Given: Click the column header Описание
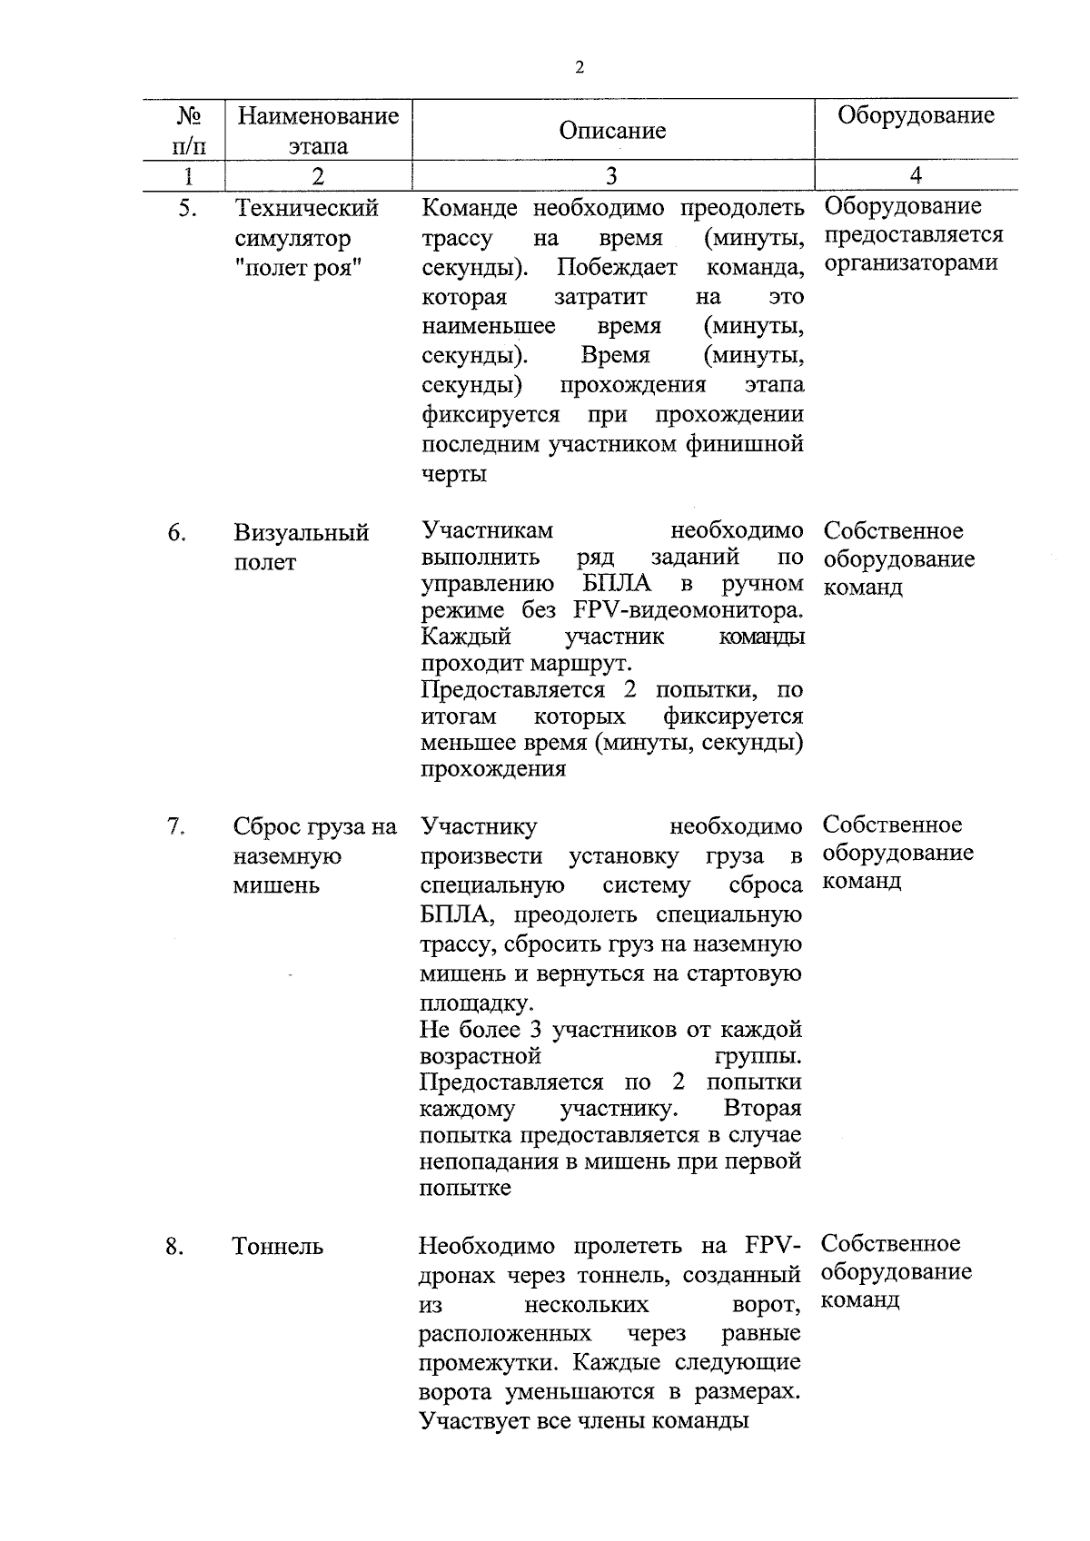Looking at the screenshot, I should (612, 131).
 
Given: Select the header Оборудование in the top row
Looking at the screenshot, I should (916, 115).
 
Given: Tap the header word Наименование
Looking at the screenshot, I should (318, 115).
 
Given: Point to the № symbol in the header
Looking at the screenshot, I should (188, 115).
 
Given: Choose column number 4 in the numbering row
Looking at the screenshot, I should (916, 176).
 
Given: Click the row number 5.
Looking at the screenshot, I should (186, 209).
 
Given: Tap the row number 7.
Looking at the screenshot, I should (176, 827).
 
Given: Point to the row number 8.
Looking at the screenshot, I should (175, 1247).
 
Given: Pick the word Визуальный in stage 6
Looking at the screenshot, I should (302, 533).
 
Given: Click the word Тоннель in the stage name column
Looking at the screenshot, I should (278, 1247).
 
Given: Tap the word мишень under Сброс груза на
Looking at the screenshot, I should (276, 885).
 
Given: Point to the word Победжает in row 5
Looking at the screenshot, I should (617, 268).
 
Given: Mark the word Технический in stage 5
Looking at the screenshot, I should (306, 209).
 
